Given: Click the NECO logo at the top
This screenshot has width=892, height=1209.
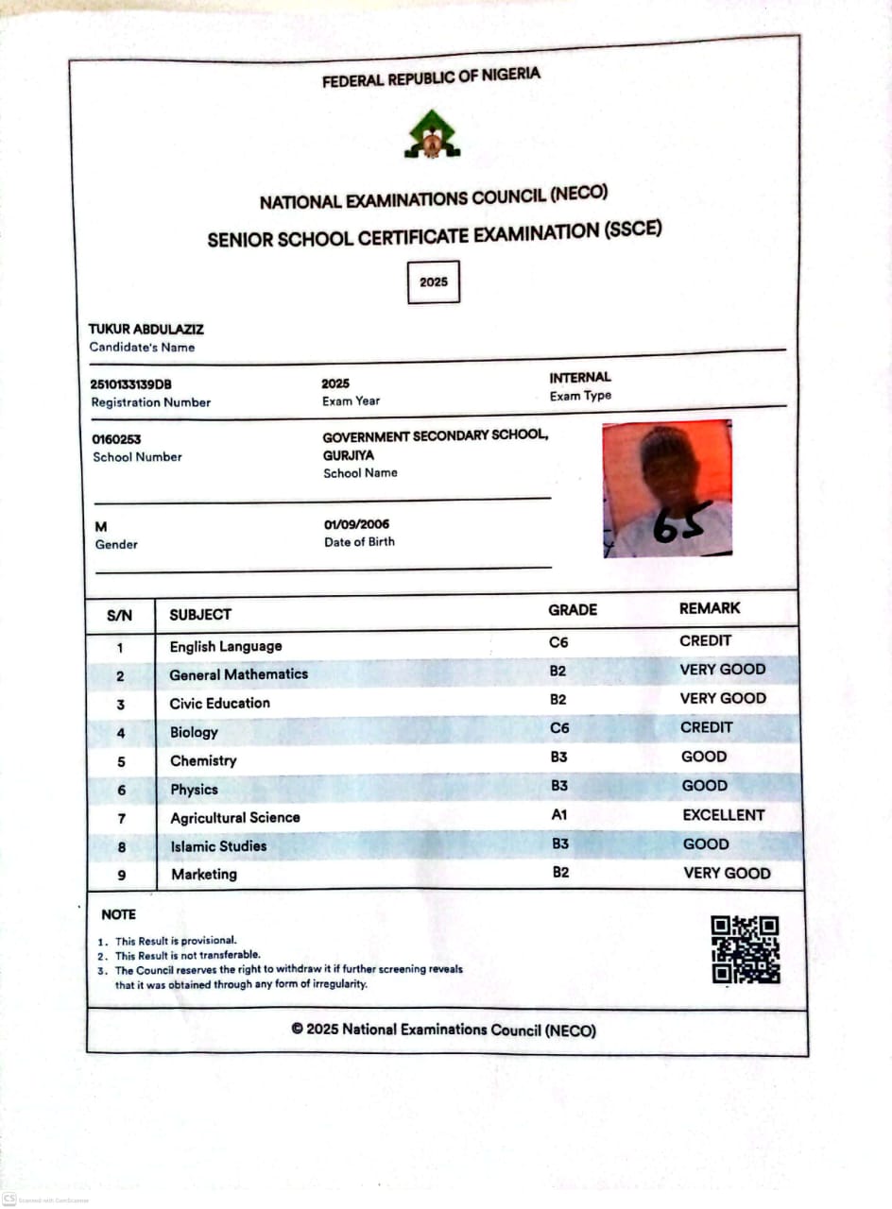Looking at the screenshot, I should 432,134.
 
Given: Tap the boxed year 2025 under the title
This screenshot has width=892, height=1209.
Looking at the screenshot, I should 434,281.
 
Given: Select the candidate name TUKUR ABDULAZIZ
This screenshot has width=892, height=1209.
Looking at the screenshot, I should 146,330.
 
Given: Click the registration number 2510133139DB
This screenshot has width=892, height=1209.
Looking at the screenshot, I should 131,384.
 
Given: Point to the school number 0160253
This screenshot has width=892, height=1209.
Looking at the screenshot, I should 116,439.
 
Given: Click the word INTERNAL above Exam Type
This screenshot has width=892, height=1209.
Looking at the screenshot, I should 580,378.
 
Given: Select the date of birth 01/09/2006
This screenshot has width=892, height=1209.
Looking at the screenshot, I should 356,524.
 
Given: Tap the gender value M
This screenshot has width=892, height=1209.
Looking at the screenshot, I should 99,526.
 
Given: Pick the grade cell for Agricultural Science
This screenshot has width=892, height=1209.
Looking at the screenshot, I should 560,814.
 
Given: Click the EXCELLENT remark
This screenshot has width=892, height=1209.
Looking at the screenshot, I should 724,814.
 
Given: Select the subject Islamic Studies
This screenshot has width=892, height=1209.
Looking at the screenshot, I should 218,845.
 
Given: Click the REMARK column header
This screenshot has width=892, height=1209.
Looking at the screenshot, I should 710,608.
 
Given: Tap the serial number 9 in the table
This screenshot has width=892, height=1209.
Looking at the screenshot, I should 121,875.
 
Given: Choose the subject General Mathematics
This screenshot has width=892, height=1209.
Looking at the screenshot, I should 238,674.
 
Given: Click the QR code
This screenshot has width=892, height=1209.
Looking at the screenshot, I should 746,950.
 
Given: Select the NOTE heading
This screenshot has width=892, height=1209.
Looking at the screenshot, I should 118,914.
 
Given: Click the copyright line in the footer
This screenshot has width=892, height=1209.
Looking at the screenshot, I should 444,1030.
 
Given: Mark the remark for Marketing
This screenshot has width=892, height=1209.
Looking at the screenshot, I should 727,873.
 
